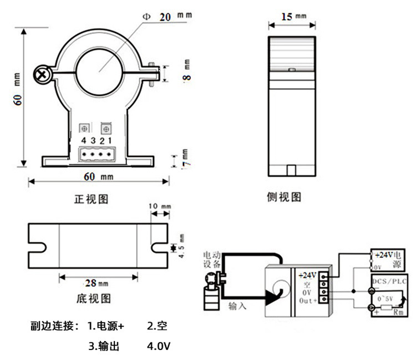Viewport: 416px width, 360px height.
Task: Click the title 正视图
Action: point(90,199)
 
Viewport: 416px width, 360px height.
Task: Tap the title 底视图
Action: point(93,299)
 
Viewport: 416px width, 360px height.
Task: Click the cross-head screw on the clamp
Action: point(41,73)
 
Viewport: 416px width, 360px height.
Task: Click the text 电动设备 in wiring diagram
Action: point(212,259)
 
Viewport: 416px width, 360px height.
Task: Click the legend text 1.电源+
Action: point(105,326)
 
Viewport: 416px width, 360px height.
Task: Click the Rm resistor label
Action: point(398,312)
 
